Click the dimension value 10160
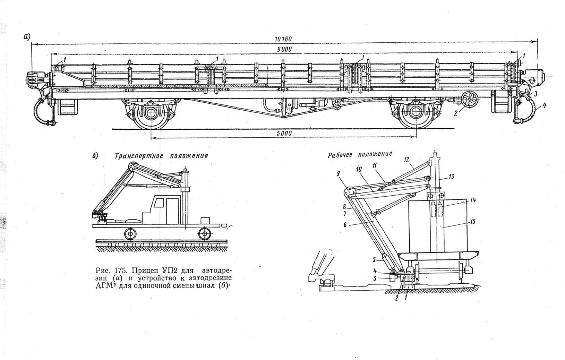click(x=283, y=39)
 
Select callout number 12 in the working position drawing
click(x=407, y=160)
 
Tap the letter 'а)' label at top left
click(x=27, y=36)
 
